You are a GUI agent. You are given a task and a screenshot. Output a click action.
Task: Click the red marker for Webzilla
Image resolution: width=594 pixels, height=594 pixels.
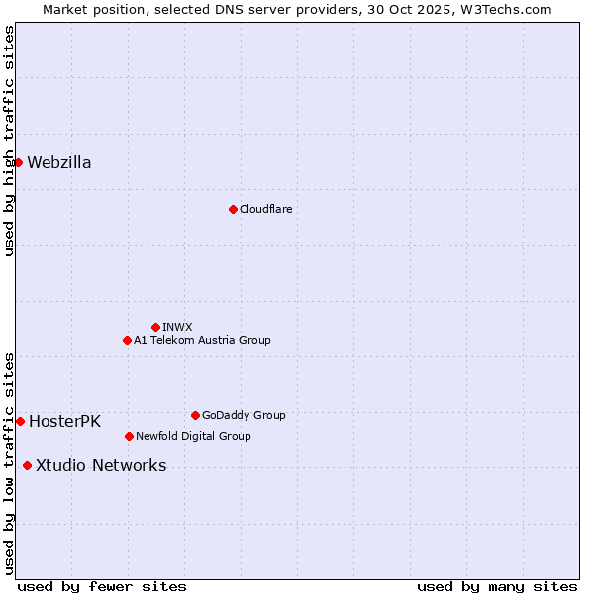point(18,162)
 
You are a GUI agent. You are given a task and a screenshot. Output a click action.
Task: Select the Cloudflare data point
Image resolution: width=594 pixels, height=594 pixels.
point(233,209)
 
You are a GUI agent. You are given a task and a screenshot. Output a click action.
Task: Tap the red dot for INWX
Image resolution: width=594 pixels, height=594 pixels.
point(155,327)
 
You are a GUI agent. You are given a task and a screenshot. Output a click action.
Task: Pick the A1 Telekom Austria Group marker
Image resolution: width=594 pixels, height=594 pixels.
point(127,340)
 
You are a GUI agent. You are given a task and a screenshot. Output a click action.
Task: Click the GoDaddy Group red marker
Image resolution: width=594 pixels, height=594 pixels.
point(195,415)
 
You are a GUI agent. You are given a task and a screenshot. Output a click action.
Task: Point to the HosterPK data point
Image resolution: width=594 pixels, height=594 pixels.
point(20,421)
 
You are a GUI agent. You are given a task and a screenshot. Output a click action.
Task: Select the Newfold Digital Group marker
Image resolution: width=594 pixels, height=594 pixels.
point(129,436)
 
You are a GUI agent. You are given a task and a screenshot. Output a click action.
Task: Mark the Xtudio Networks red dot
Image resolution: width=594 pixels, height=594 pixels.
point(27,466)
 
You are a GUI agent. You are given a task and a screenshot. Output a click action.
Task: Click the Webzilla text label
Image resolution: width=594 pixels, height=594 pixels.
point(59,163)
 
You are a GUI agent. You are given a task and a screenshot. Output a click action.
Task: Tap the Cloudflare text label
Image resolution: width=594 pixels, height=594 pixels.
point(265,209)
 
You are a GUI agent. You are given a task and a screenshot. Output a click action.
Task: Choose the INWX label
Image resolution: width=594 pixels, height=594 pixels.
point(177,327)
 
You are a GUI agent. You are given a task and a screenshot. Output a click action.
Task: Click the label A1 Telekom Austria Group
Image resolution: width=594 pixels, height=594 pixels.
point(202,340)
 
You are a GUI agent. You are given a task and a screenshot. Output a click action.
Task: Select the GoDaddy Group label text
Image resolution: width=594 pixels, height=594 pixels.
point(244,415)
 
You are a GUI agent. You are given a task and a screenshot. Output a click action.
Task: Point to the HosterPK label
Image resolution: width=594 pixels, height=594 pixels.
point(64,422)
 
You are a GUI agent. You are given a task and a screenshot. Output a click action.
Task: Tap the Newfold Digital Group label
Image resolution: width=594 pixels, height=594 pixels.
point(193,436)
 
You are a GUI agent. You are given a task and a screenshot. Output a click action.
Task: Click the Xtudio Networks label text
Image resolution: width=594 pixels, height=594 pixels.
point(101,466)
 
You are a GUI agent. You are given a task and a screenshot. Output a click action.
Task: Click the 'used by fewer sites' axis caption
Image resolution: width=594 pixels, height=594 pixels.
point(102,586)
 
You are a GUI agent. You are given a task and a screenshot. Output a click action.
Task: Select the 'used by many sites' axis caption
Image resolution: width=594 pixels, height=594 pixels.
point(497,586)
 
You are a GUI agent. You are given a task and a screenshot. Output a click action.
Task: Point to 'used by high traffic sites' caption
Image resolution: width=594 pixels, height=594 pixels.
point(9,141)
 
